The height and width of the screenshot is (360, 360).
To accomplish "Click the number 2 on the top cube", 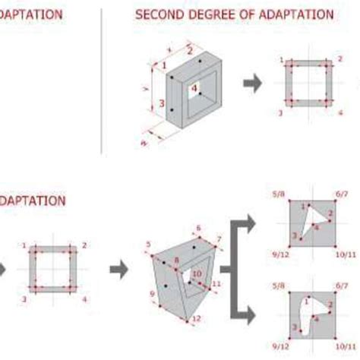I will point(189,50).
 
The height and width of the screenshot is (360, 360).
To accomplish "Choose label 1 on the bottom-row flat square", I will point(24,245).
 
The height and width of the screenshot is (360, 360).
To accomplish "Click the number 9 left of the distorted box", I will point(152,293).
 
